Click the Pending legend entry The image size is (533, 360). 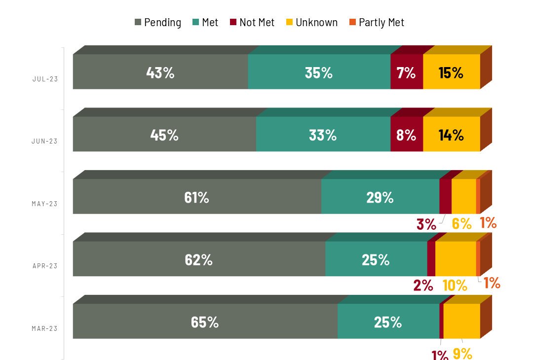tap(158, 23)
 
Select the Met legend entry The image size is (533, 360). tap(205, 23)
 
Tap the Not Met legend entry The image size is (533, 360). tap(252, 23)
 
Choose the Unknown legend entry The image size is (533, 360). tap(312, 23)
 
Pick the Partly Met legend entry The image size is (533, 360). tap(377, 23)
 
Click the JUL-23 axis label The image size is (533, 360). tap(45, 79)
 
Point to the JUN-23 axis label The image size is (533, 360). tap(45, 141)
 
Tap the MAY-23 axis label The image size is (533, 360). tap(45, 204)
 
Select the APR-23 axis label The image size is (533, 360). tap(45, 266)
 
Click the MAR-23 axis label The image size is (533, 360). tap(45, 328)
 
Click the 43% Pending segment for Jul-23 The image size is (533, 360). tap(160, 72)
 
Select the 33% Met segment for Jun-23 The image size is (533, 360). tap(323, 134)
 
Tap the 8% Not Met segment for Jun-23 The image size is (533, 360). tap(407, 134)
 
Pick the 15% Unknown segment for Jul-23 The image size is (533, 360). tap(451, 72)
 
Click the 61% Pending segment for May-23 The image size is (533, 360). tap(197, 197)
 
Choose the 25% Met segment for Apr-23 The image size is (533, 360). tap(376, 259)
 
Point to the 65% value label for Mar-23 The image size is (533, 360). tap(205, 322)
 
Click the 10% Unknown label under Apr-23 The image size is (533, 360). tap(455, 285)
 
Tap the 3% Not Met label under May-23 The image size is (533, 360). tap(426, 224)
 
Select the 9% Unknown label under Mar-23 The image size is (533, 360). tap(462, 353)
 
